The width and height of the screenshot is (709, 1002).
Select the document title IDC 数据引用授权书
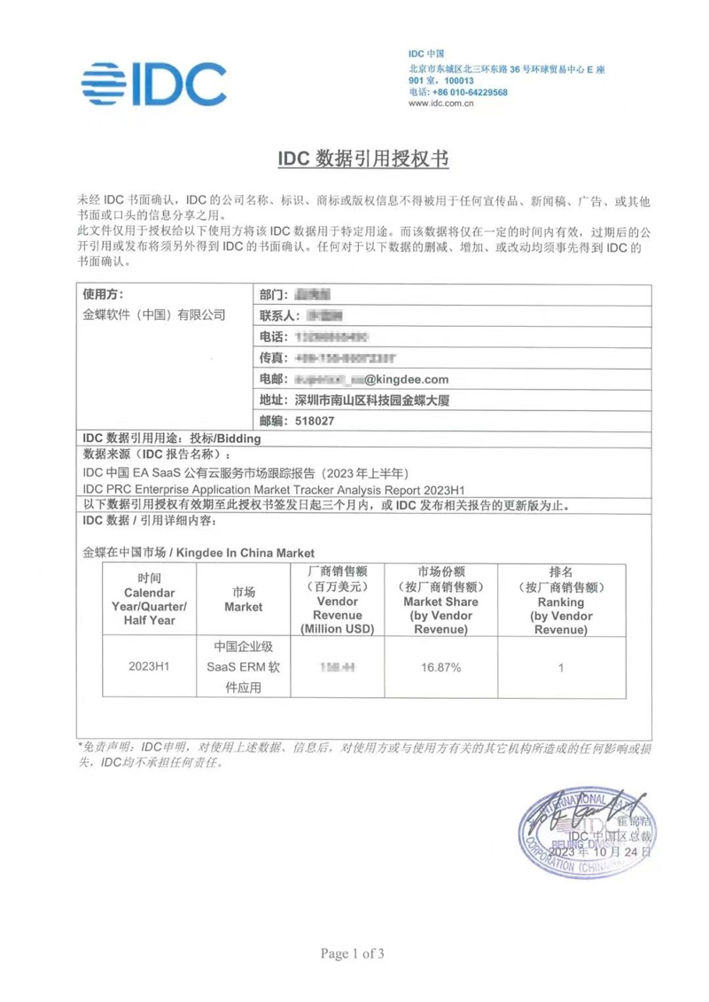coord(364,159)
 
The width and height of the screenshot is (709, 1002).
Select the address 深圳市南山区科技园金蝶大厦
coord(368,400)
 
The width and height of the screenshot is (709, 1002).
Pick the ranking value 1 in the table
coord(561,667)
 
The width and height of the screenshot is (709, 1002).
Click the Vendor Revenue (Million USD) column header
coord(337,601)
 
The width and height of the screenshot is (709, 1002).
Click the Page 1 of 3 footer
coord(353,953)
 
